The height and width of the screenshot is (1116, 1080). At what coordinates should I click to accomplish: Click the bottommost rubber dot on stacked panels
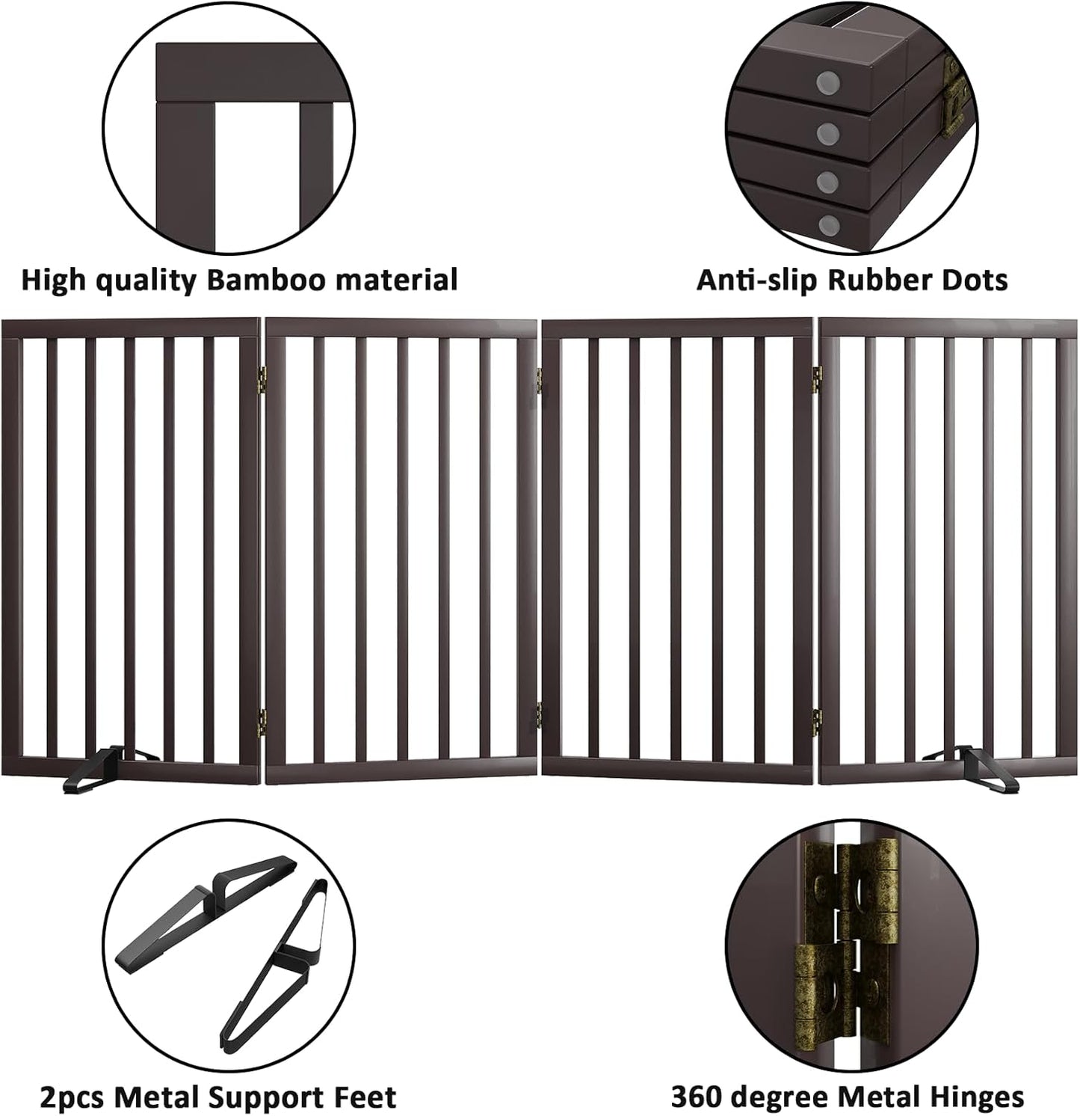click(827, 224)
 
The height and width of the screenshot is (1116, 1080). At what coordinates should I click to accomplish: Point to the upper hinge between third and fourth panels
click(816, 378)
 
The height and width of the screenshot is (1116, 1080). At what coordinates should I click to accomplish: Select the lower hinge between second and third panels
click(539, 714)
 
